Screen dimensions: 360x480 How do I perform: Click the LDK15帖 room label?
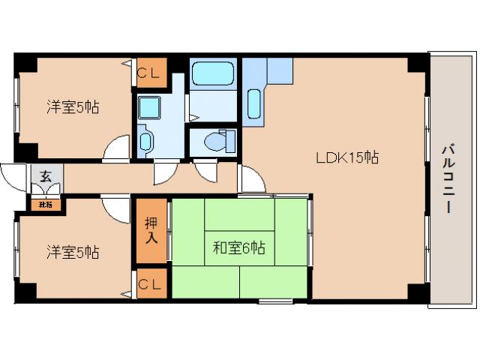346,157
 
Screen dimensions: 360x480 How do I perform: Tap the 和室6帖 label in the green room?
239,247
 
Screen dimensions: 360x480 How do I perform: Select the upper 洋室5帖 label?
73,107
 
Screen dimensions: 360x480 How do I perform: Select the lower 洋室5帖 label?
73,251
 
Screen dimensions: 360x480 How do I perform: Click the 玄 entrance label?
46,177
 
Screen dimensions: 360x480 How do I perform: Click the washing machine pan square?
149,106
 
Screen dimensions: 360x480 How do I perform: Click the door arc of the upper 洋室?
116,148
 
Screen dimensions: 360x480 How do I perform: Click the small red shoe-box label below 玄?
46,202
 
